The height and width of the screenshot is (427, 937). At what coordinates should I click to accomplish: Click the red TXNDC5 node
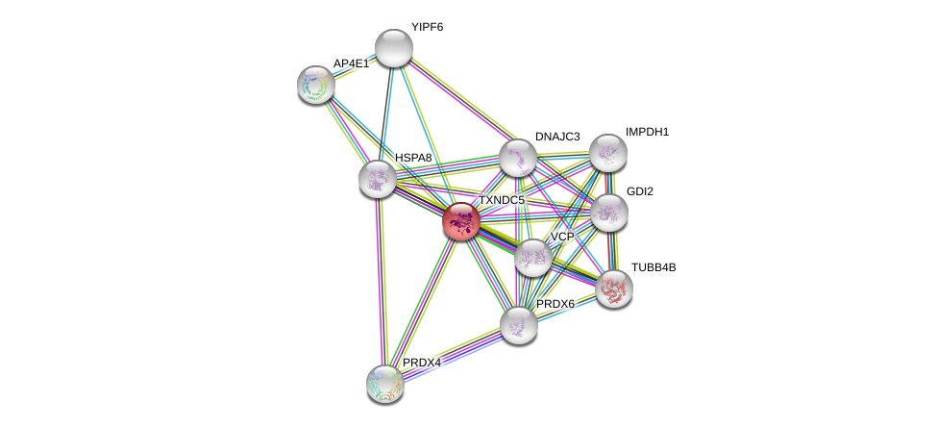coord(461,221)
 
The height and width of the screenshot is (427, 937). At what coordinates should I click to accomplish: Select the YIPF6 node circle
coord(393,48)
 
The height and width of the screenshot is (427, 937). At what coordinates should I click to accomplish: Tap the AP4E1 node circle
coord(316,85)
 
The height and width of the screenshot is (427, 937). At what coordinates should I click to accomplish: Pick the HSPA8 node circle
coord(378,177)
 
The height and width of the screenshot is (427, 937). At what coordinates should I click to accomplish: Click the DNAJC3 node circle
coord(517,158)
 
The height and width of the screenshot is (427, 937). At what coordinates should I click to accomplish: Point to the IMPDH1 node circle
coord(608,152)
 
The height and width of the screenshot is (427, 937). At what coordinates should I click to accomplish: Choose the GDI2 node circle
coord(608,212)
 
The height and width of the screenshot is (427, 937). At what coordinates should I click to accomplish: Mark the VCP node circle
coord(532,257)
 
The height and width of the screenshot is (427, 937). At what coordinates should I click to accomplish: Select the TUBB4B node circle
coord(614,288)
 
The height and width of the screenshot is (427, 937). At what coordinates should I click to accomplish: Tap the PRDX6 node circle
coord(518,324)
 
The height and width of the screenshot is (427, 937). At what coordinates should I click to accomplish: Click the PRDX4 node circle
coord(385,383)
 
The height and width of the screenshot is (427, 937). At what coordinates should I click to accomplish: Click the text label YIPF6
coord(427,27)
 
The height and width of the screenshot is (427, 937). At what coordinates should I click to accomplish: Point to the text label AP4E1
coord(351,63)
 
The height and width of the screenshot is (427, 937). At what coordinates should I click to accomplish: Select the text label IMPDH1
coord(647,132)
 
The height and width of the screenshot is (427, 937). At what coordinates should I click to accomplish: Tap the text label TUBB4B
coord(653,267)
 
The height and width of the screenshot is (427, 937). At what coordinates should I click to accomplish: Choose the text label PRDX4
coord(421,363)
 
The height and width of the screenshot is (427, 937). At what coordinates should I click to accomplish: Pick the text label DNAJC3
coord(557,137)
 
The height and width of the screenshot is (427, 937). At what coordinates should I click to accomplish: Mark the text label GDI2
coord(639,191)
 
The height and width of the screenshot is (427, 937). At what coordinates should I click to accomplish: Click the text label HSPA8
coord(413,157)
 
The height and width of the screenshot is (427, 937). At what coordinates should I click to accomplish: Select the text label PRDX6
coord(555,304)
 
